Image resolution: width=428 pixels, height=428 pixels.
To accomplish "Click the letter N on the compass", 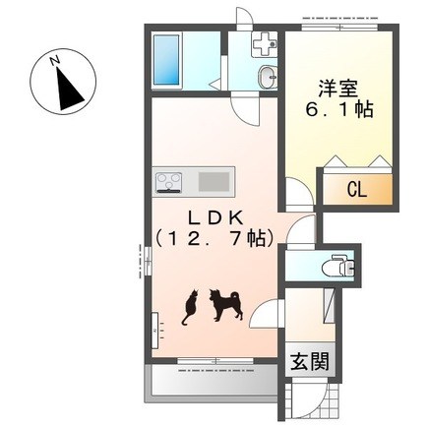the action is pyautogui.click(x=54, y=60).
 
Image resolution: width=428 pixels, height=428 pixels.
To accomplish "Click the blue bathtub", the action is pyautogui.click(x=167, y=61).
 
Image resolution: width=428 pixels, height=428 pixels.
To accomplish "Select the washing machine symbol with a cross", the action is pyautogui.click(x=265, y=44).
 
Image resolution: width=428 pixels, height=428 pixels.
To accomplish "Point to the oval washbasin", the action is pyautogui.click(x=268, y=77).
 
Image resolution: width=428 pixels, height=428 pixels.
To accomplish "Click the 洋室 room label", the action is pyautogui.click(x=337, y=88).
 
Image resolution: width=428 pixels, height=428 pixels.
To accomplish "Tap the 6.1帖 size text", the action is pyautogui.click(x=339, y=110).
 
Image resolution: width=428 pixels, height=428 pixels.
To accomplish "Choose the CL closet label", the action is pyautogui.click(x=357, y=189).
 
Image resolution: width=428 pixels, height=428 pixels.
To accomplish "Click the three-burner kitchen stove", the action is pyautogui.click(x=169, y=182).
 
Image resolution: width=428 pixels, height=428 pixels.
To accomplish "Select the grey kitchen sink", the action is pyautogui.click(x=214, y=182).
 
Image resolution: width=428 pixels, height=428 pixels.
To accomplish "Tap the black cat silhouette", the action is pyautogui.click(x=190, y=307).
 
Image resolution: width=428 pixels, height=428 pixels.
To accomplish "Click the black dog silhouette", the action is pyautogui.click(x=226, y=305).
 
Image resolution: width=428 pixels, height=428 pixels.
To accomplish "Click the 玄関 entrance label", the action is pyautogui.click(x=309, y=362).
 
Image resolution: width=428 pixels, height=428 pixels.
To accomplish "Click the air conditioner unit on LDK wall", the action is pyautogui.click(x=154, y=331).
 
